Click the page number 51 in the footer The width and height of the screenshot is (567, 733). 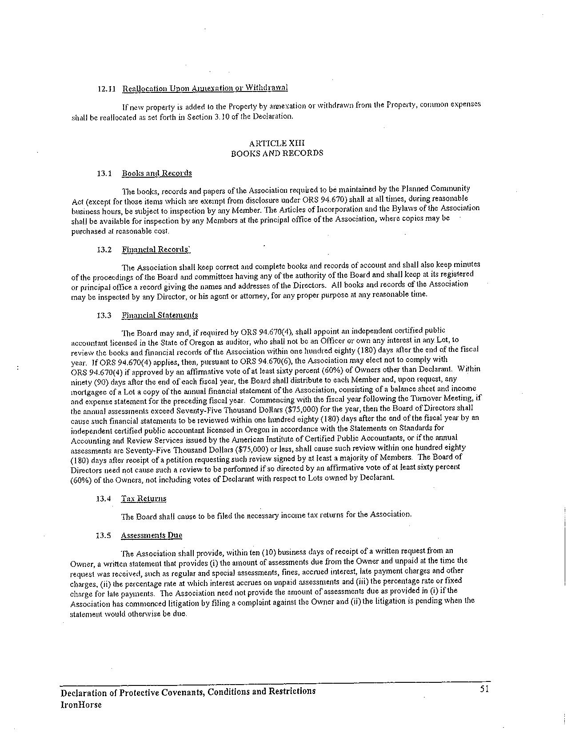point(485,689)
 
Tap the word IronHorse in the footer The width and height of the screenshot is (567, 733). point(81,705)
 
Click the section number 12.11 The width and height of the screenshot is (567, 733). point(106,88)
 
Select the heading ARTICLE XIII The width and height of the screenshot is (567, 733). point(277,143)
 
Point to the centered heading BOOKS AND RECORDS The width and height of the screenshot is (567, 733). point(277,153)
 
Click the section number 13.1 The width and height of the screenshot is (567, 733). point(104,173)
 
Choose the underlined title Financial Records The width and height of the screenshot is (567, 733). point(156,249)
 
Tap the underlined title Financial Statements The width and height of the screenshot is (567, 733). point(160,315)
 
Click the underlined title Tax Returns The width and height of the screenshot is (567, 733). point(144,498)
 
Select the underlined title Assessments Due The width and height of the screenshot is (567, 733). point(151,535)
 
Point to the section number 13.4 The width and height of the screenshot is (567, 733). point(103,498)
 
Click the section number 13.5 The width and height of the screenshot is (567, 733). point(103,535)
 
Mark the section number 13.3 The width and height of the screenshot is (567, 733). point(104,315)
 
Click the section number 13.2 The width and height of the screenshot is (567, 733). point(104,250)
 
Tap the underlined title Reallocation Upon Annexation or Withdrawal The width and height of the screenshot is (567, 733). point(205,88)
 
